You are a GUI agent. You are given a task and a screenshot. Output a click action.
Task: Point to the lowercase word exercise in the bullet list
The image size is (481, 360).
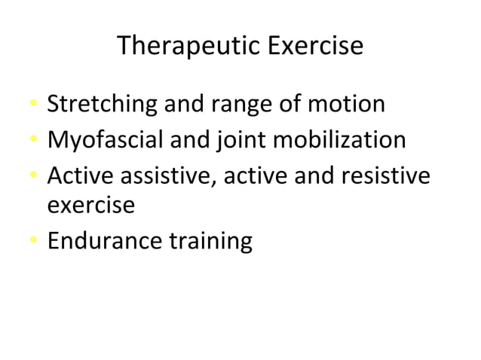coord(91,205)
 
